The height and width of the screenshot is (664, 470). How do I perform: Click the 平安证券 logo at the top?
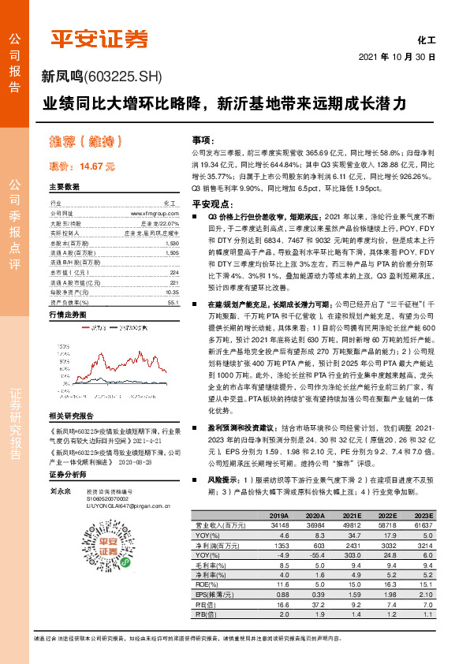99,37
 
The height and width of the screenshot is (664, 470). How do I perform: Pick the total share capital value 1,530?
173,244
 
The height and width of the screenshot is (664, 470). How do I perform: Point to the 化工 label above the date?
426,39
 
